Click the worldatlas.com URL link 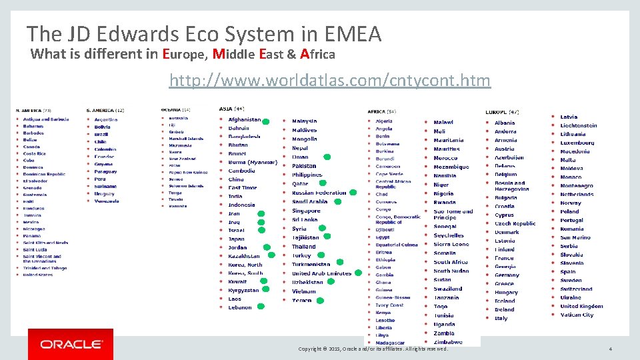(329, 81)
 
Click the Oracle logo (71, 344)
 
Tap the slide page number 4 (610, 349)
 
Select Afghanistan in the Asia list (244, 119)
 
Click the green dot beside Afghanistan (265, 122)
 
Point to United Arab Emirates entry (321, 273)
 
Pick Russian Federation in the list (319, 193)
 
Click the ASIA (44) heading (231, 108)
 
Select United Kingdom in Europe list (581, 306)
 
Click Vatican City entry (577, 315)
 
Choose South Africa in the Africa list (451, 262)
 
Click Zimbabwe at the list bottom (447, 342)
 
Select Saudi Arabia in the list (309, 201)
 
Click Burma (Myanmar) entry (253, 162)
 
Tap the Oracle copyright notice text (373, 349)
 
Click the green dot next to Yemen (319, 301)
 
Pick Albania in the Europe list (505, 123)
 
